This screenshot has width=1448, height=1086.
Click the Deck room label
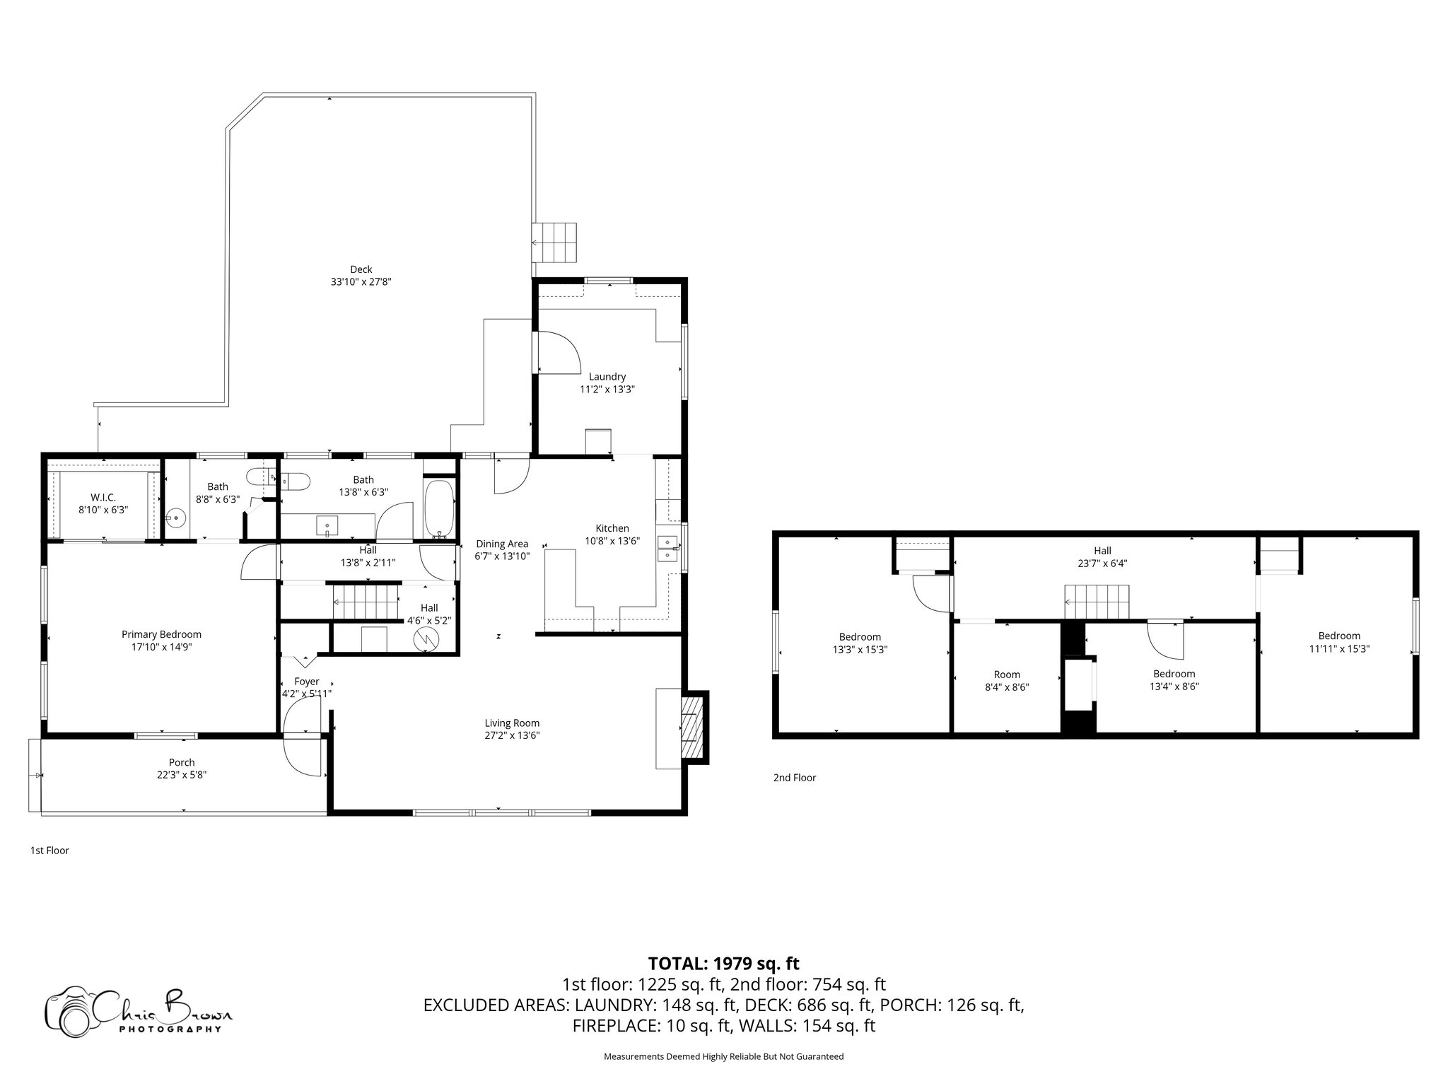361,269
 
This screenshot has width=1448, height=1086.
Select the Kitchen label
612,528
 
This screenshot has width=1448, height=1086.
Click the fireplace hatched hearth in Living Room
692,727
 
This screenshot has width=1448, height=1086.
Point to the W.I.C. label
103,498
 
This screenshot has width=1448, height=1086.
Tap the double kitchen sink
667,549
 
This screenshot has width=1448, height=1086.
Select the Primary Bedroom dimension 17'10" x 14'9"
161,646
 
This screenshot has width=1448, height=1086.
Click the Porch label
182,762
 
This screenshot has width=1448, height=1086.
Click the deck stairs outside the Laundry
555,242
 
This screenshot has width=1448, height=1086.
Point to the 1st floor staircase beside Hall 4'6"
366,601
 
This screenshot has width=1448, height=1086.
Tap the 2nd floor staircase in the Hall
1097,602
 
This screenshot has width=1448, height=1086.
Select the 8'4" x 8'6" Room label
1006,675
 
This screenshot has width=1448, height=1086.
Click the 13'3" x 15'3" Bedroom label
860,637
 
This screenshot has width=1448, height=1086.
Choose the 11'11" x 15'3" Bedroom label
1338,636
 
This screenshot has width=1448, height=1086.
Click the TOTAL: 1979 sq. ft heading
723,963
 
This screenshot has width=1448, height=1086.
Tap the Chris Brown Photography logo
138,1011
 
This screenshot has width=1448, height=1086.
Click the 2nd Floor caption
794,778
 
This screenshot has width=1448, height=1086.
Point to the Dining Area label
501,544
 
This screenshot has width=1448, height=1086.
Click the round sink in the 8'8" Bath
176,519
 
